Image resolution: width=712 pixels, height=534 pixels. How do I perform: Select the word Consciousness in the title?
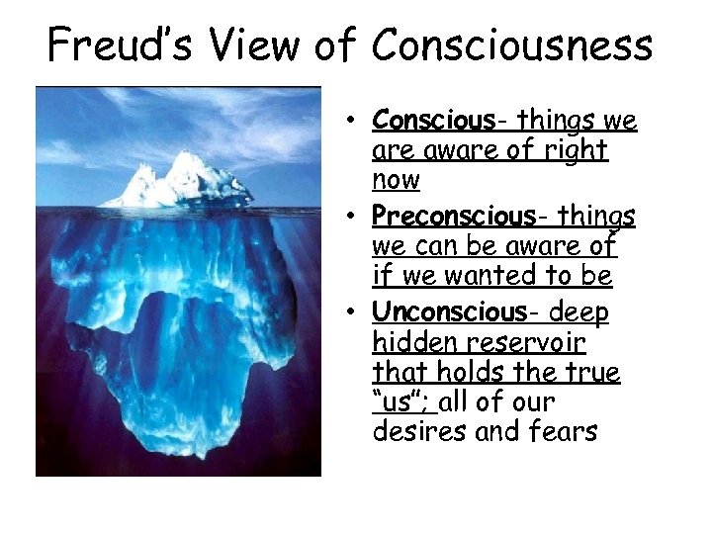(x=511, y=44)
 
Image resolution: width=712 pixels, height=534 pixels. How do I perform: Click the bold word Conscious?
(x=432, y=121)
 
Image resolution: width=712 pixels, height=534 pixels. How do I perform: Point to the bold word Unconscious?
(x=449, y=311)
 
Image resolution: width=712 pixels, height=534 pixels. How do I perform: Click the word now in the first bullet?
(x=397, y=180)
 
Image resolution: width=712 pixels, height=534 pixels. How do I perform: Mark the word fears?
(x=564, y=431)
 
